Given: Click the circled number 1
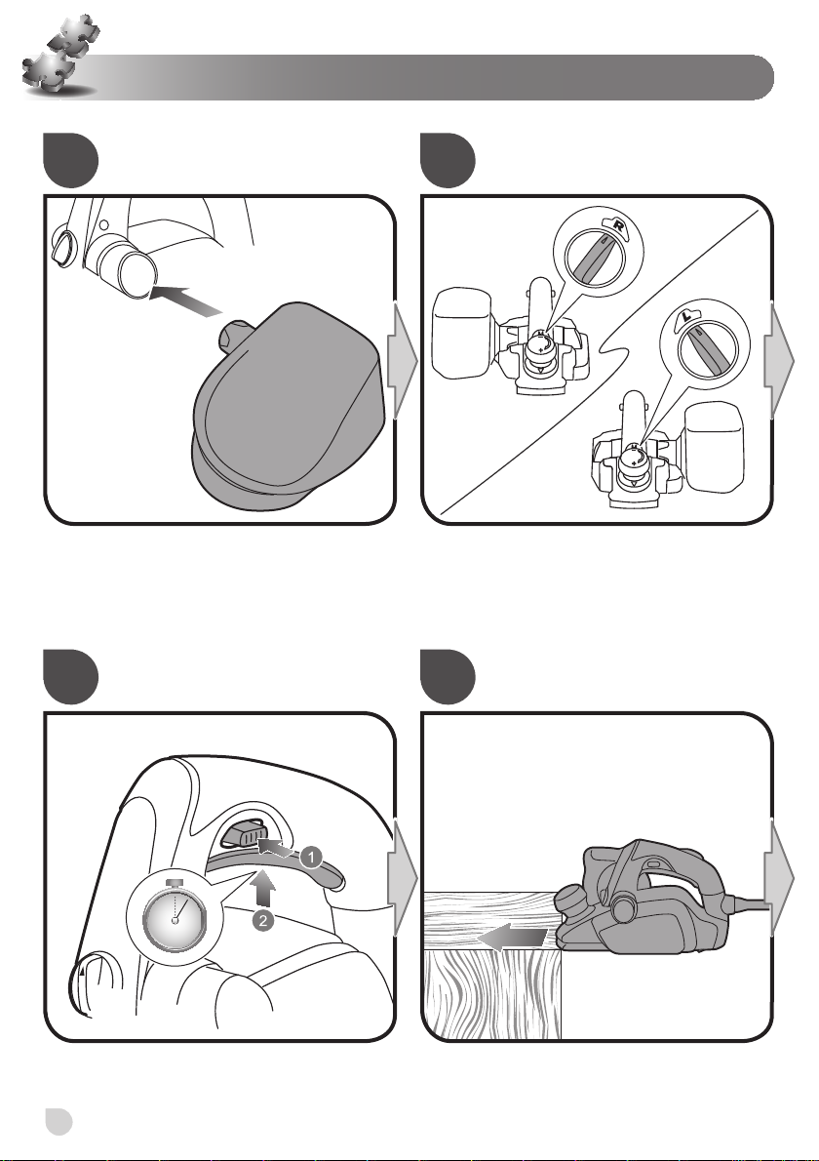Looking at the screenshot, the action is coord(311,858).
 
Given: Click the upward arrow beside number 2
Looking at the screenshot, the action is coord(263,888).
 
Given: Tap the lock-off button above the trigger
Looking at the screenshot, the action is coord(242,833).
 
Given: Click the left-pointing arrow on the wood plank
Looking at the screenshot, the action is coord(512,939).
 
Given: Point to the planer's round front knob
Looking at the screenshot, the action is coord(575,899).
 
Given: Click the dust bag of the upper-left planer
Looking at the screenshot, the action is coord(461,334).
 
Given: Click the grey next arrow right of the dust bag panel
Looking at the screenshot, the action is coord(403,361).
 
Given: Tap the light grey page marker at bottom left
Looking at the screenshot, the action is coord(58,1121).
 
